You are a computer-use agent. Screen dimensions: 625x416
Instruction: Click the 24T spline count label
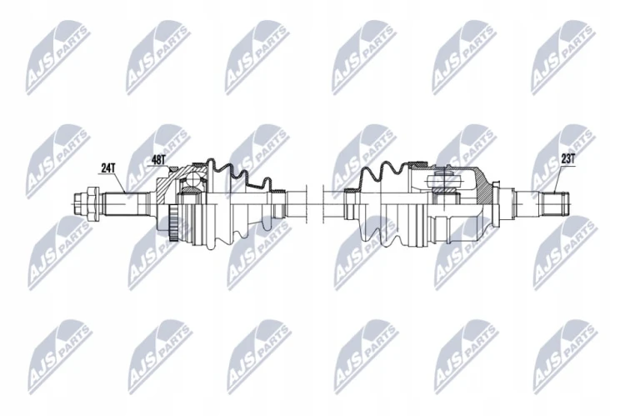coord(107,168)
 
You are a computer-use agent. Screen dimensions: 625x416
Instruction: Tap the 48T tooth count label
coord(158,160)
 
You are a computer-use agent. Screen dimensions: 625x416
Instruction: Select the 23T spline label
coord(567,159)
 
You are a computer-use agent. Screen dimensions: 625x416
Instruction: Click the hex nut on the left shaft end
coord(91,203)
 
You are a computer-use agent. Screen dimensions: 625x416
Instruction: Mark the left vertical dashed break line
coord(307,203)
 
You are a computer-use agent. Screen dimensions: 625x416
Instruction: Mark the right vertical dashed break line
coord(322,203)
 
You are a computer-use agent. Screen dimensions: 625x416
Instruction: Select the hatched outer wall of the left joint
coord(164,188)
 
